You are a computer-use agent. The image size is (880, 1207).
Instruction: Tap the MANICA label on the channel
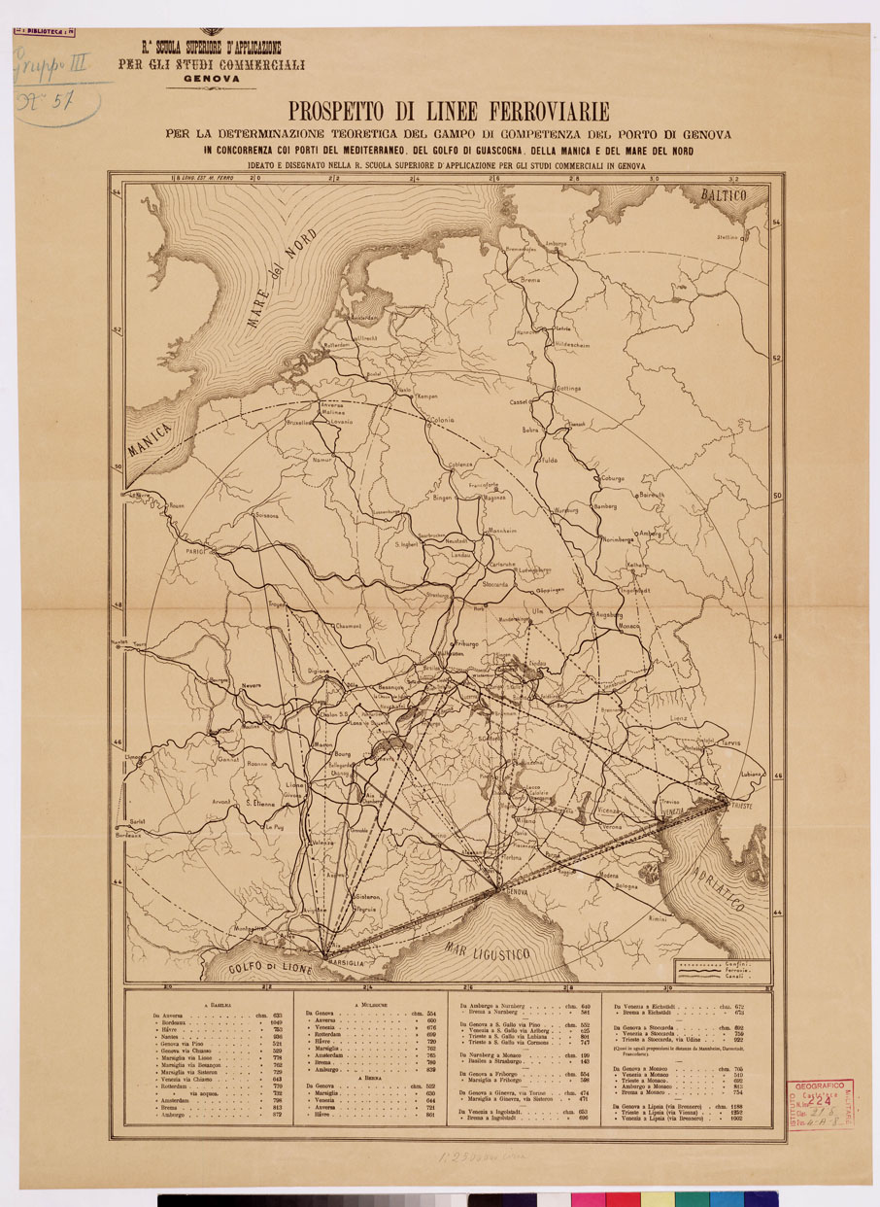149,438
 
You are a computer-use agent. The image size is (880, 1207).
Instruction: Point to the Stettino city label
728,236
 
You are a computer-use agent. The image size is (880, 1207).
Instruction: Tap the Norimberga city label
624,539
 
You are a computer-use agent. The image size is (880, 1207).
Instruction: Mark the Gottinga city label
567,388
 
